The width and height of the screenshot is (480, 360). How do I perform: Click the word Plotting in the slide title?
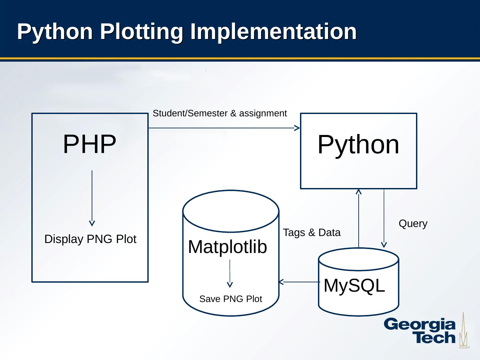point(141,32)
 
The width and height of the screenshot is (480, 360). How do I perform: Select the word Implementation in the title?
point(273,32)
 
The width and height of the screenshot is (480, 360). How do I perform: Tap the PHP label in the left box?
point(89,144)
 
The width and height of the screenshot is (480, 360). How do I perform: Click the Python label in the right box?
point(358,145)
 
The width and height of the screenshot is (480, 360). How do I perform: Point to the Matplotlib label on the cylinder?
point(228,247)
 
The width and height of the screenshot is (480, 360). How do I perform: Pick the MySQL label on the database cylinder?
point(354,286)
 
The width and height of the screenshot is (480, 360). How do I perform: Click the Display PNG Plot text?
point(90,239)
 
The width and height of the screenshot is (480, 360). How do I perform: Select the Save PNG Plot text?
point(231,299)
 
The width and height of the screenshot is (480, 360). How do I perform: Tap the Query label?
point(413,224)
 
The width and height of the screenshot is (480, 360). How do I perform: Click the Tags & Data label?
point(312,233)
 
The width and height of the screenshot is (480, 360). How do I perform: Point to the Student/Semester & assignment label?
point(220,114)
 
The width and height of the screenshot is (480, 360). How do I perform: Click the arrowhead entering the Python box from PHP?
point(297,128)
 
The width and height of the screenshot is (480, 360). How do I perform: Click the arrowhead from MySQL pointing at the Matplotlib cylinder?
point(281,282)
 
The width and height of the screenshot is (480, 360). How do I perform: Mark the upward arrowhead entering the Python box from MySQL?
point(359,192)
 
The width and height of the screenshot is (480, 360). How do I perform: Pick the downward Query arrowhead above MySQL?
point(384,245)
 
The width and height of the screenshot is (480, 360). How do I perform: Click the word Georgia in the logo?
point(420,325)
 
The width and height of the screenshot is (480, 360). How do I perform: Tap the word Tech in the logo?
point(435,338)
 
